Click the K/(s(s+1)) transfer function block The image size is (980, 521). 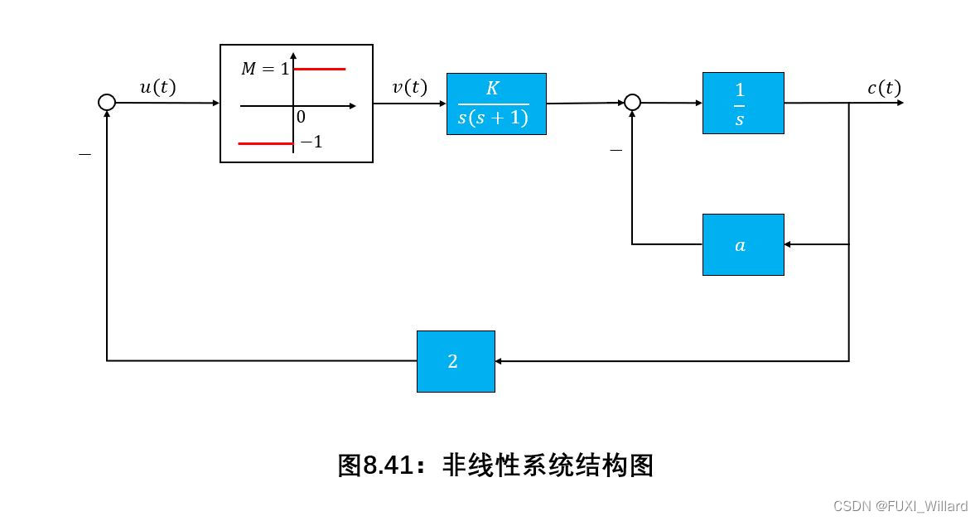(x=496, y=104)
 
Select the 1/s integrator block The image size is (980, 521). (x=743, y=103)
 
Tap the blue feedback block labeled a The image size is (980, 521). (x=743, y=244)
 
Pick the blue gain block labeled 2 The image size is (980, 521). (x=456, y=361)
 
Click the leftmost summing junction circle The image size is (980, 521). (x=107, y=102)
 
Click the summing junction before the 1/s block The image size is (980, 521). (x=632, y=102)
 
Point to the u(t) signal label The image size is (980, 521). (x=157, y=87)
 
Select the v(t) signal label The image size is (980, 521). (x=409, y=87)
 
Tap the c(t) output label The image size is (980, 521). (x=884, y=88)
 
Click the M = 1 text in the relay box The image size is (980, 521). (x=265, y=70)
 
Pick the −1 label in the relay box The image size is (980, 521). (x=311, y=142)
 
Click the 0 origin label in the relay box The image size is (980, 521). (x=301, y=118)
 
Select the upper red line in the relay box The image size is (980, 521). (x=319, y=70)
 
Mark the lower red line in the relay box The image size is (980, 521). (x=265, y=143)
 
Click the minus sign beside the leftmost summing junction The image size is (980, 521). (x=84, y=155)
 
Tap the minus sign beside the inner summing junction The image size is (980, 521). (x=616, y=150)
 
